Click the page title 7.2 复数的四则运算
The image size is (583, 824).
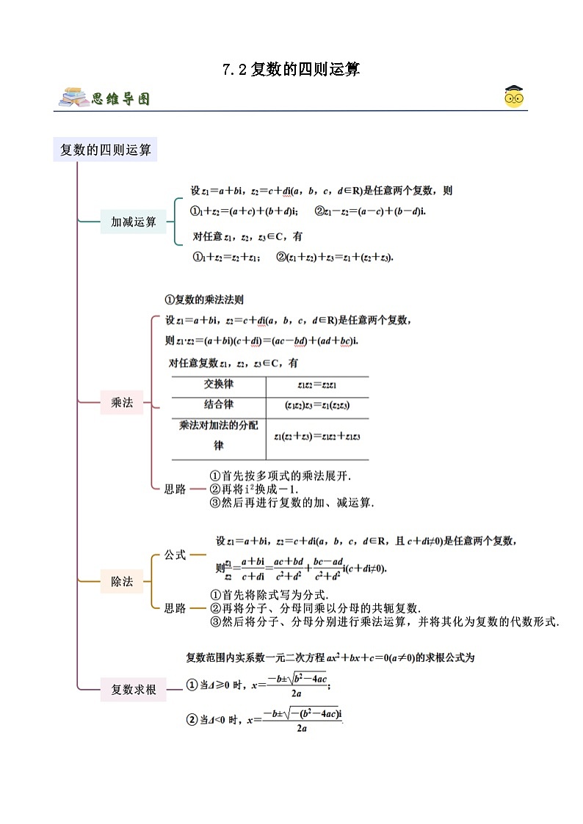[291, 70]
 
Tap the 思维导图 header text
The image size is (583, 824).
[121, 98]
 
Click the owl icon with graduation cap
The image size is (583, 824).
[514, 96]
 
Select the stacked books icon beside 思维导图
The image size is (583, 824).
[74, 98]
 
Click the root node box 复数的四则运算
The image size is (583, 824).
[105, 150]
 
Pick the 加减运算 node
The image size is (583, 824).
[134, 222]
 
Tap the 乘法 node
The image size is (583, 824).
[122, 402]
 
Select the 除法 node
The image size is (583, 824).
[122, 582]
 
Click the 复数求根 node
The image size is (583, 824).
[134, 690]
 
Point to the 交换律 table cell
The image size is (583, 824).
[219, 384]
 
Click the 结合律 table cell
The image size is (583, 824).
[219, 404]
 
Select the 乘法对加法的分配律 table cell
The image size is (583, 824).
[219, 435]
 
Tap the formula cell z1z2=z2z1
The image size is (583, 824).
[317, 385]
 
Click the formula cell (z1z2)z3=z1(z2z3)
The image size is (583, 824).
[317, 405]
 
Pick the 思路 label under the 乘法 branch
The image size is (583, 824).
[175, 489]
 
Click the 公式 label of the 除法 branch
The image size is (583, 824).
[175, 555]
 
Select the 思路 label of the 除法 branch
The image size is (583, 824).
[175, 608]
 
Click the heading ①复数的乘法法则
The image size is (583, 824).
[204, 299]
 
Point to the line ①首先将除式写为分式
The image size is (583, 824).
[269, 595]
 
